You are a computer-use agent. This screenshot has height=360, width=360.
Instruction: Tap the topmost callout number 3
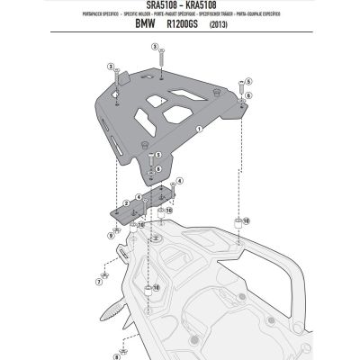tap(155, 45)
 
